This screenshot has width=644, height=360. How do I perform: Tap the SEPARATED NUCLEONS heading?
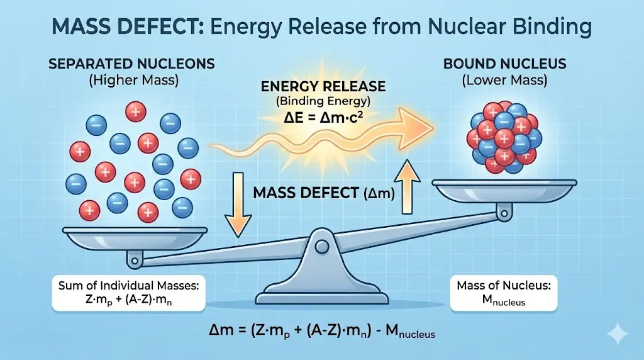(x=133, y=64)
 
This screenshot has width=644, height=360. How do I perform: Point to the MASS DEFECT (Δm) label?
(x=324, y=194)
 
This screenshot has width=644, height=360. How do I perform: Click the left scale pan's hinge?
(x=134, y=258)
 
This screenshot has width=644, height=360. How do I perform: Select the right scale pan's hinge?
(x=503, y=214)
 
